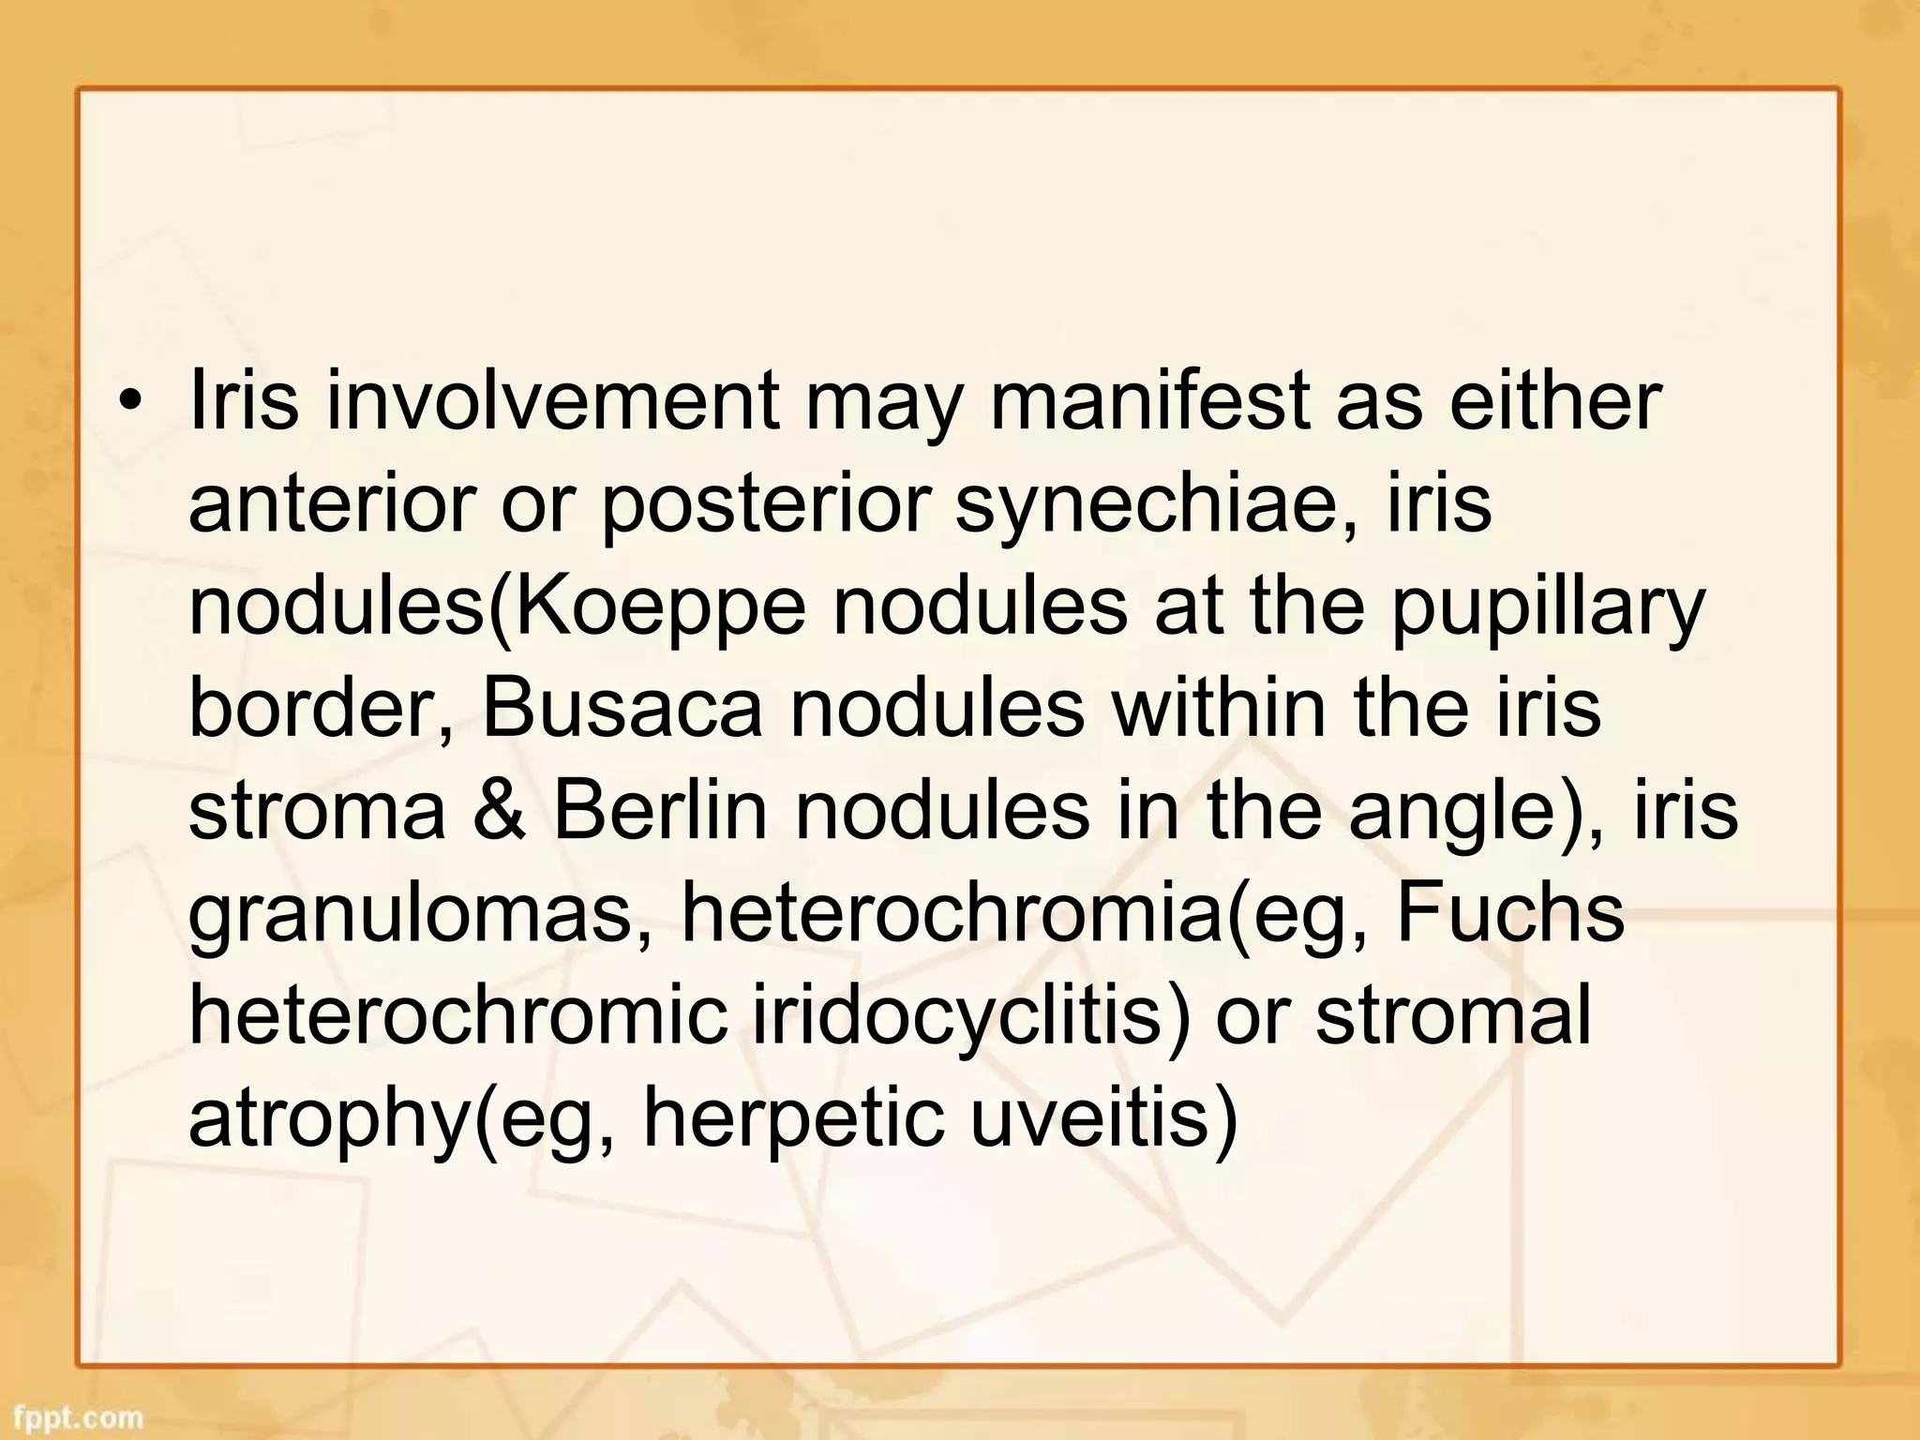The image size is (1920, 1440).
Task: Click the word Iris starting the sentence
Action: tap(243, 400)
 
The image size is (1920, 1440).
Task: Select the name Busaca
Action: tap(622, 708)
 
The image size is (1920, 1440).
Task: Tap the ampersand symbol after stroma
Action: tap(499, 811)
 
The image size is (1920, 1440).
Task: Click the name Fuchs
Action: tap(1509, 913)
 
